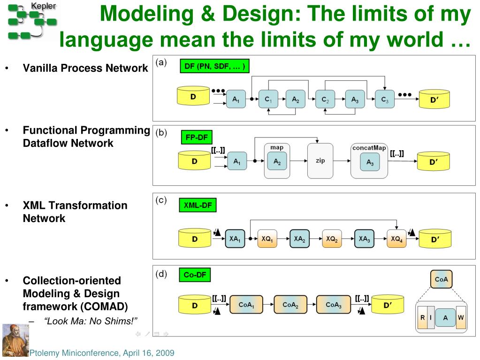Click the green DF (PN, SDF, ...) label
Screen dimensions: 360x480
214,66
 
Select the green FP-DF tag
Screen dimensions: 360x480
196,138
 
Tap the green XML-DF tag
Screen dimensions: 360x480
198,206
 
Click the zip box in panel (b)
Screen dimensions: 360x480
320,161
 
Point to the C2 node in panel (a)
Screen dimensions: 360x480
326,100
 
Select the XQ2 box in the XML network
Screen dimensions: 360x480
332,239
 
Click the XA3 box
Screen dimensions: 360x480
364,239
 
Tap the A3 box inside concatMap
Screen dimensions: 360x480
370,162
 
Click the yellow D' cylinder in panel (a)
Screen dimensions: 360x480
434,99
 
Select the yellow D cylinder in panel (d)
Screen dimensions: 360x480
194,305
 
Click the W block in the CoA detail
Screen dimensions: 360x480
461,318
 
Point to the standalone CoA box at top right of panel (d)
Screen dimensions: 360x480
442,279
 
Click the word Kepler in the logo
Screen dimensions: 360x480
43,6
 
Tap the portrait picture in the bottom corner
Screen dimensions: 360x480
15,340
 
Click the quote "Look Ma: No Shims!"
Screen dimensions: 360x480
91,321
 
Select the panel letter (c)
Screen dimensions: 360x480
161,200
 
